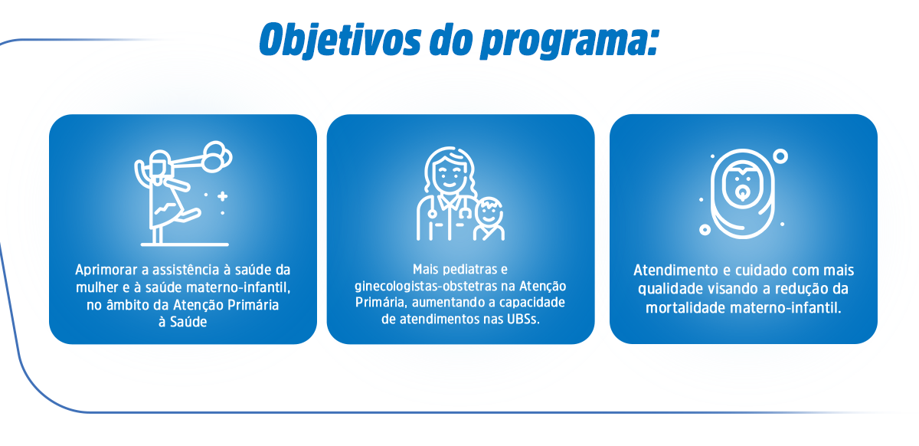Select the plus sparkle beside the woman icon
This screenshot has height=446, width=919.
(x=222, y=197)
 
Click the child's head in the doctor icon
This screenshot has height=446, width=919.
(x=489, y=211)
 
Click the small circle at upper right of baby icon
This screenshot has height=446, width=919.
(x=780, y=156)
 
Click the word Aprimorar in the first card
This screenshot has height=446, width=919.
(x=105, y=271)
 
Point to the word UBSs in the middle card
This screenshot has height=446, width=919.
(x=522, y=320)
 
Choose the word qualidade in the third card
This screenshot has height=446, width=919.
(x=666, y=289)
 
